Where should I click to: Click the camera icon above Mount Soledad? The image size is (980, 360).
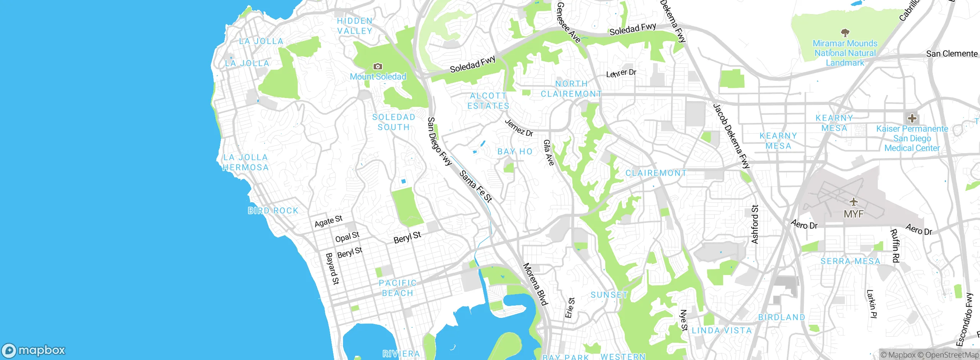tap(377, 67)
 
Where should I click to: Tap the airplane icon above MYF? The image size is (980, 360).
tap(854, 202)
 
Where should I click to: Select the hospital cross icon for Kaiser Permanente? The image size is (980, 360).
tap(912, 118)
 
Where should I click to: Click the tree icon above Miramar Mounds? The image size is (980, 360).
tap(845, 33)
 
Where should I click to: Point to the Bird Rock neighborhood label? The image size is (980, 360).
tap(273, 211)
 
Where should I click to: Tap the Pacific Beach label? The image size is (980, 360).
tap(397, 288)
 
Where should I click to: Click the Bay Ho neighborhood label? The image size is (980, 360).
tap(515, 152)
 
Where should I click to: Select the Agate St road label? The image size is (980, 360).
tap(328, 221)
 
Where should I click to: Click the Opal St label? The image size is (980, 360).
tap(347, 237)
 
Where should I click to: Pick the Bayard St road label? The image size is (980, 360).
tap(332, 268)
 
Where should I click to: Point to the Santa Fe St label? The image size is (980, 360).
tap(475, 187)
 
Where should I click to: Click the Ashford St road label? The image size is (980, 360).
tap(755, 224)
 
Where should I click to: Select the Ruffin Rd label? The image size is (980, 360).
tap(895, 245)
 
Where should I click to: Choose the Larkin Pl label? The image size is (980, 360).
tap(871, 304)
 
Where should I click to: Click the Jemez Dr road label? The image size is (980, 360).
tap(519, 128)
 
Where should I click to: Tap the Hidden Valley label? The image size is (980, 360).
tap(354, 26)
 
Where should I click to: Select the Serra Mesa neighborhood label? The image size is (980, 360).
tap(850, 261)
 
